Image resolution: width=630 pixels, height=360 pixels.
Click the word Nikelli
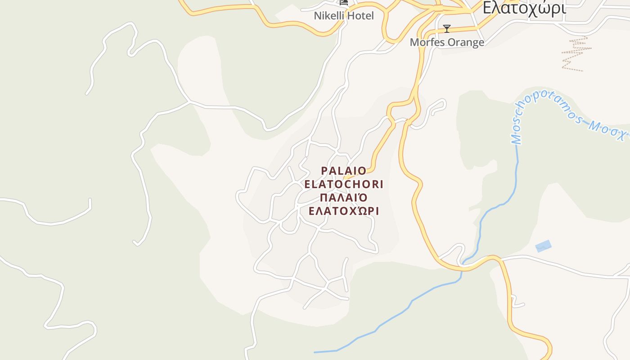tap(328, 16)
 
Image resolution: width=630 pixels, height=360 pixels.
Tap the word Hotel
tap(359, 16)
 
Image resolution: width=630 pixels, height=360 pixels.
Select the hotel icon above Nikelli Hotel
tap(344, 2)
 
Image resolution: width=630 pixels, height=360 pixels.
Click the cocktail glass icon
tap(447, 29)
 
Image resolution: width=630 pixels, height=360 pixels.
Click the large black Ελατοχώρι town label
tap(524, 8)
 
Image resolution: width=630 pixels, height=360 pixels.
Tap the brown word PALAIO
tap(344, 171)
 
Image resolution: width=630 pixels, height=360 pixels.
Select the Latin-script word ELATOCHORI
tap(344, 184)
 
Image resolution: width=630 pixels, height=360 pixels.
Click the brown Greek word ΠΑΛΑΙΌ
tap(344, 198)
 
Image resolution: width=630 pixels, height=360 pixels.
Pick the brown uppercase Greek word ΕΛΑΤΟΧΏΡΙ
tap(344, 211)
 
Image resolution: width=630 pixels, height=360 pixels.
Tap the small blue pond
tap(543, 246)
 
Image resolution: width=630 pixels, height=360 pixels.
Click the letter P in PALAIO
tap(324, 171)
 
